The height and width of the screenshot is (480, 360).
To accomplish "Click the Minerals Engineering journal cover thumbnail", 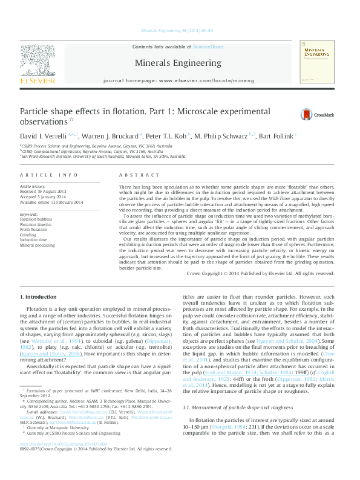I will [x=317, y=62].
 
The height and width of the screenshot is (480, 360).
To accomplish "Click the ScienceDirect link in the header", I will [x=208, y=47].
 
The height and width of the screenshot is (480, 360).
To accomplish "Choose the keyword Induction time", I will [x=34, y=240].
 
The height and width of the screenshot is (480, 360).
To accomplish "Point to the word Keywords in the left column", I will [x=29, y=214].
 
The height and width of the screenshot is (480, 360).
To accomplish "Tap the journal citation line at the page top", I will [x=180, y=30].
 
